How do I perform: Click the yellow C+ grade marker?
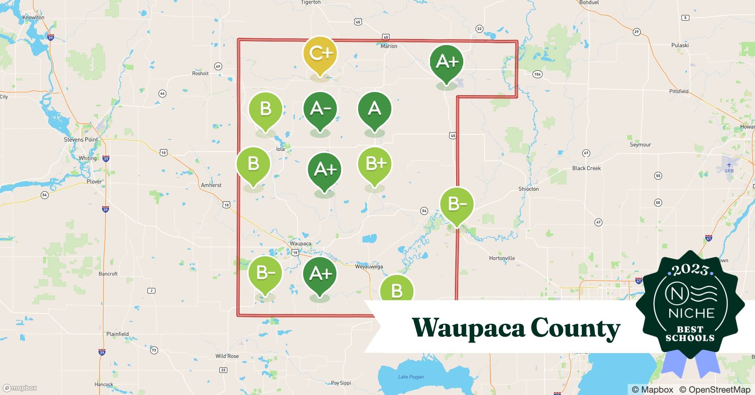click(320, 53)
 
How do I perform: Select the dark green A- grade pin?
click(320, 109)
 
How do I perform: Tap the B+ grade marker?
click(374, 164)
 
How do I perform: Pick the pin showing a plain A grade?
click(374, 109)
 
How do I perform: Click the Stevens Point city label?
click(81, 139)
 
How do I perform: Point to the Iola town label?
click(280, 149)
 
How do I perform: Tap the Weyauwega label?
click(369, 267)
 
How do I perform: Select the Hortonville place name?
click(502, 258)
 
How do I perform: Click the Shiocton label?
click(528, 189)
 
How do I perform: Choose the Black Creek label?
click(586, 168)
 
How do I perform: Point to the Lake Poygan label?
click(411, 377)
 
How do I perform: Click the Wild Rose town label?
click(227, 356)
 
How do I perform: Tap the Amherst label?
click(211, 185)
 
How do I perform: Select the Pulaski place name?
click(680, 45)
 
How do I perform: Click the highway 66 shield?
click(162, 94)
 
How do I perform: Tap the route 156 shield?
click(537, 74)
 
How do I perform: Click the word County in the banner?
click(575, 328)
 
